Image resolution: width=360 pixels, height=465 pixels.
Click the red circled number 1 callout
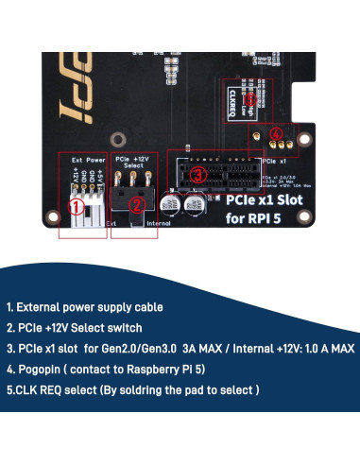coord(78,202)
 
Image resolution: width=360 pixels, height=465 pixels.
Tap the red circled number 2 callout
coord(135,203)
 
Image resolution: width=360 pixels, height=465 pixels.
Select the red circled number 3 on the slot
coord(196,176)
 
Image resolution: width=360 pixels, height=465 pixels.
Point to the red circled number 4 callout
coord(275,135)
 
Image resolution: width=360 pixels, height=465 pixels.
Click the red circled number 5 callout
coord(249,98)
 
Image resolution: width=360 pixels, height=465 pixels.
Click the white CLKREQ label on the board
coord(232,99)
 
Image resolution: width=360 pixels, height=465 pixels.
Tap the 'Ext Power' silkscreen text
coord(84,162)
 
